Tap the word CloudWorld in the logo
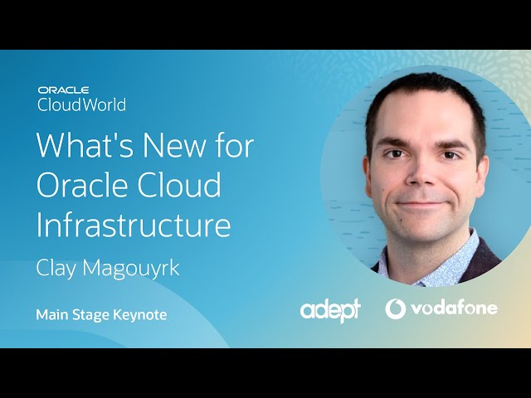pos(81,104)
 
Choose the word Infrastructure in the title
pos(133,224)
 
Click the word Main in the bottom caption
pos(51,314)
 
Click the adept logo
pos(330,310)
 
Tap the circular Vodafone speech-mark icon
pos(396,308)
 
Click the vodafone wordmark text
pos(453,308)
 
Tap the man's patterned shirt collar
pos(448,257)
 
